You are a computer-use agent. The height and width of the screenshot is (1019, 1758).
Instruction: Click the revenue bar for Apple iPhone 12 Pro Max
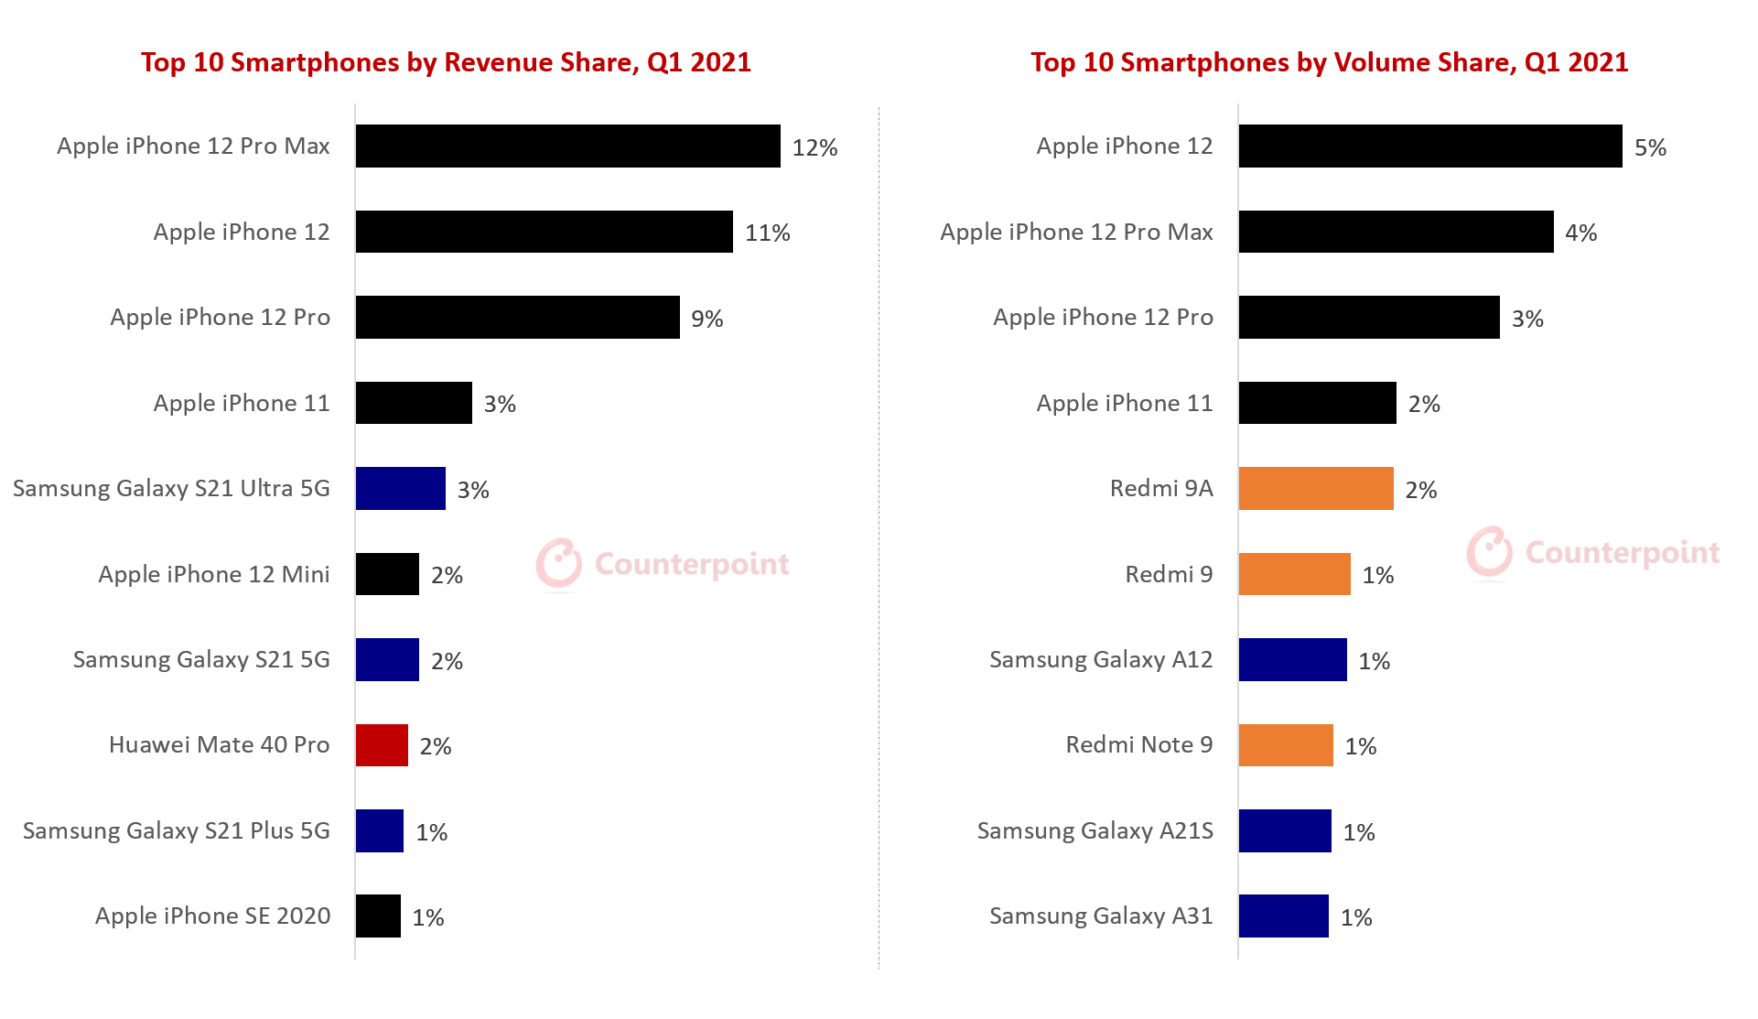567,146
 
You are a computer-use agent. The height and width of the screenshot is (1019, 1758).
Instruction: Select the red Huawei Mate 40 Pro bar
382,745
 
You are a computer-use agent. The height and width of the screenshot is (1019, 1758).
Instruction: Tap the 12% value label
814,147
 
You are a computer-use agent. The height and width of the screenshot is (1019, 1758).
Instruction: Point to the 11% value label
767,233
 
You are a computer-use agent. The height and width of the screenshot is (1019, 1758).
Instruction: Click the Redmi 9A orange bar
1315,489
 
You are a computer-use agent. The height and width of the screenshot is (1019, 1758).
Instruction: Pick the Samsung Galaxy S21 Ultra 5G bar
400,489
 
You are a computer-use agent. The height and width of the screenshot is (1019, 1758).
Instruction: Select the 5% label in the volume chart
1650,147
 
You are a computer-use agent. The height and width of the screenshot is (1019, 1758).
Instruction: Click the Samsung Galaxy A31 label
1101,916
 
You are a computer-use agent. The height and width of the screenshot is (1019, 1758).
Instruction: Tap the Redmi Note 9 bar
1285,745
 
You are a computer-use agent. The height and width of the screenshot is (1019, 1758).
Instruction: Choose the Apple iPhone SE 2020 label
212,916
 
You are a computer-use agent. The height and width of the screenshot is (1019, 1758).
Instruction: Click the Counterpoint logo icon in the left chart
559,563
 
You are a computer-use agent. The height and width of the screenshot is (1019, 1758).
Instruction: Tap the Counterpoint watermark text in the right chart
1623,552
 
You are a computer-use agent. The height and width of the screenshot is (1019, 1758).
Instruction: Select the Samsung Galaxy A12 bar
1292,660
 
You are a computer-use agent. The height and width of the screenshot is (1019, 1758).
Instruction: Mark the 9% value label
706,319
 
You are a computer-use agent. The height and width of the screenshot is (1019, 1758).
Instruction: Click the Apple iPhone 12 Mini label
213,574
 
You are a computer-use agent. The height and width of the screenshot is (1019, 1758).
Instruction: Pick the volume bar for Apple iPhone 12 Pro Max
1396,233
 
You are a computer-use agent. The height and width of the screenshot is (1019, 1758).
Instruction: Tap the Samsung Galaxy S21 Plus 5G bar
379,831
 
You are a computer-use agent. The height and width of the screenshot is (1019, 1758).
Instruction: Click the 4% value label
1580,233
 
